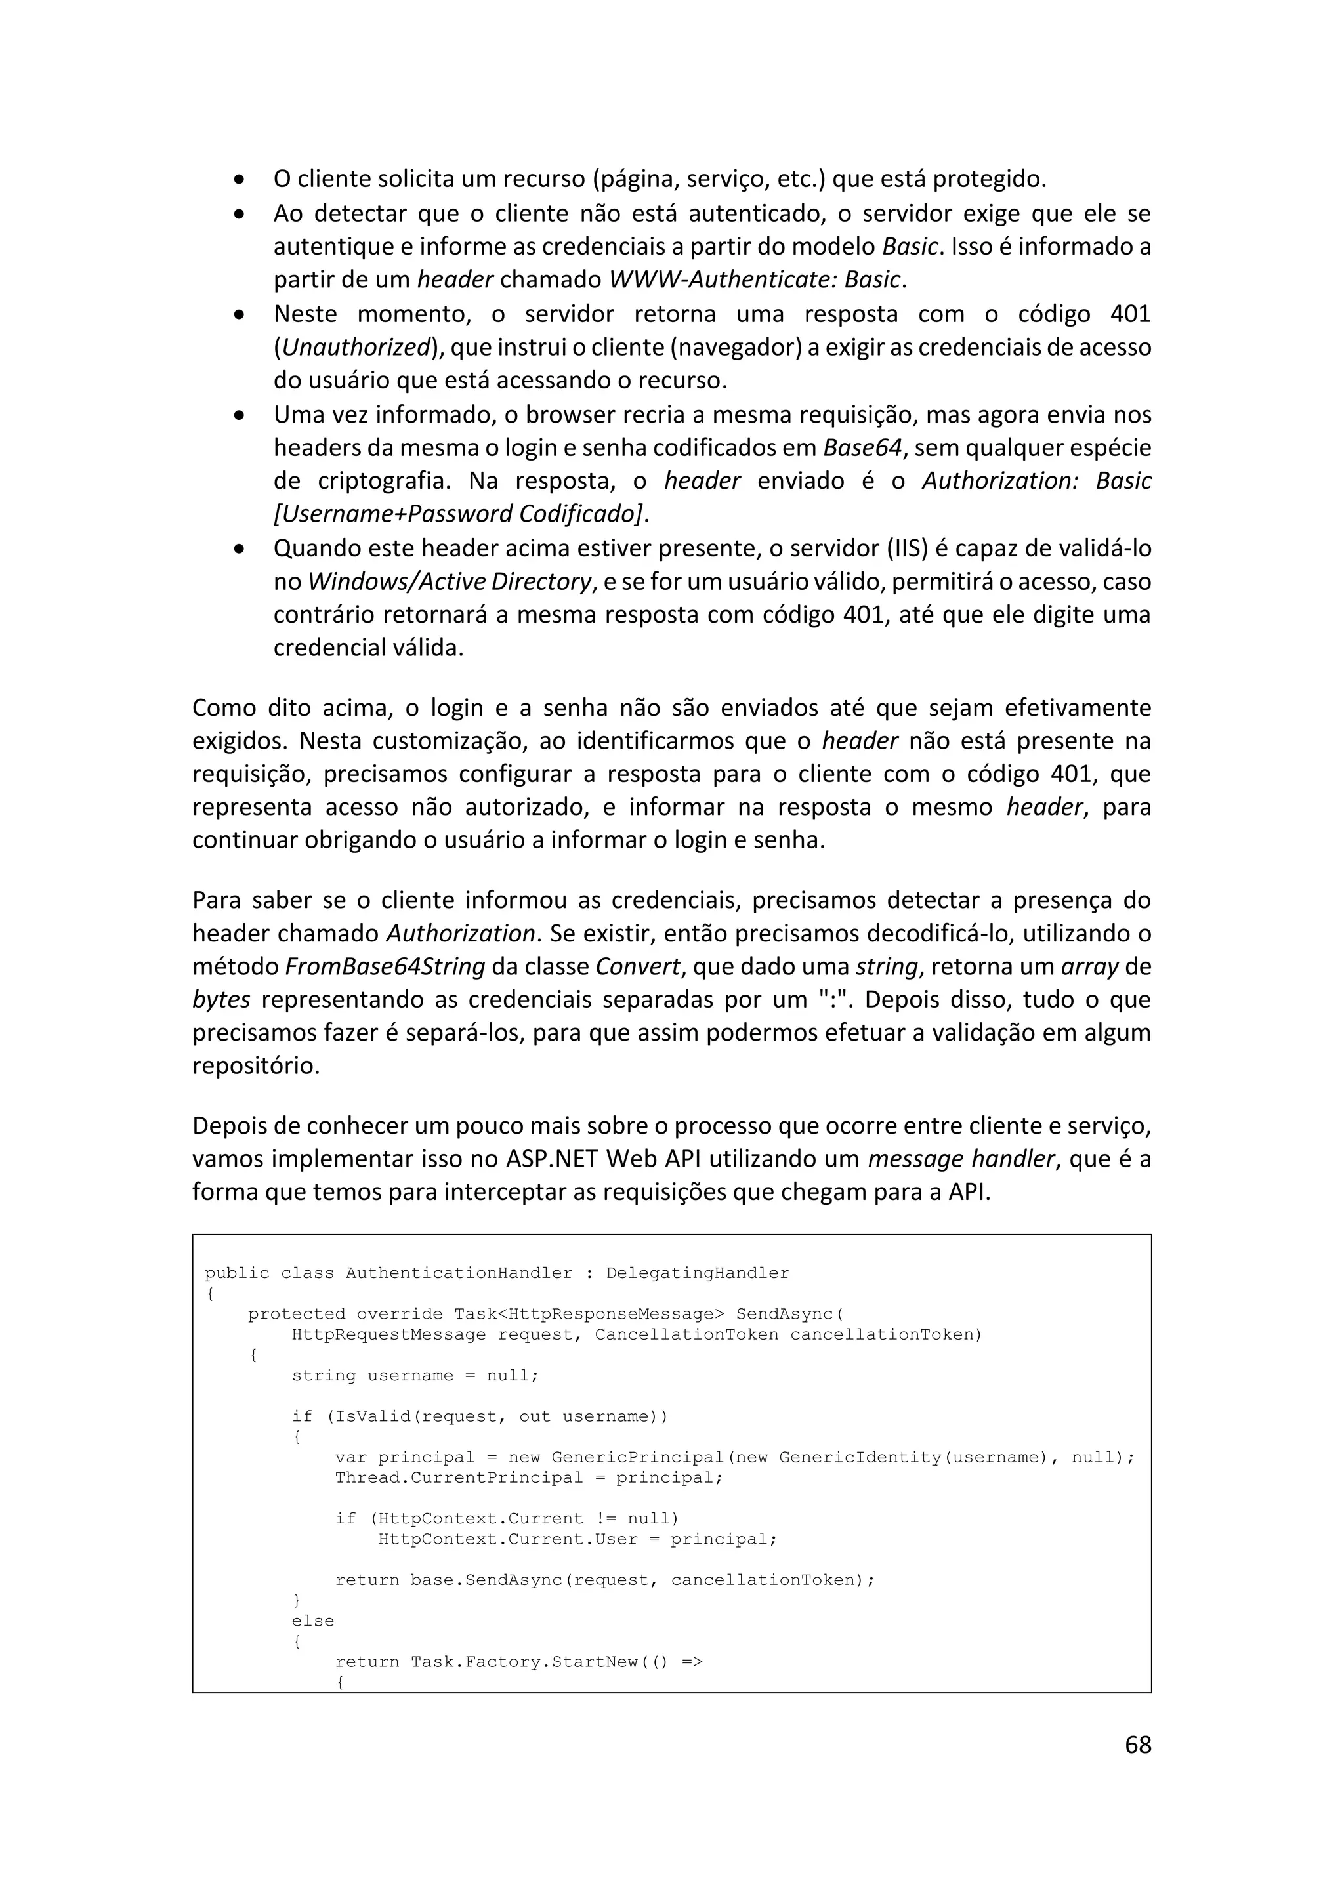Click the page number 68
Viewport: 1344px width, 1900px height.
coord(1138,1745)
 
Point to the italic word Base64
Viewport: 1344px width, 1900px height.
coord(862,447)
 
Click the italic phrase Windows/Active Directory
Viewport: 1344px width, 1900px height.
coord(450,582)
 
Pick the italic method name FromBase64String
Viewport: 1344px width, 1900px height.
coord(385,966)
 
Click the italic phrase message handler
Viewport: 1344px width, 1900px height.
coord(961,1159)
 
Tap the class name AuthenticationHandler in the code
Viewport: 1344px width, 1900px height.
coord(459,1273)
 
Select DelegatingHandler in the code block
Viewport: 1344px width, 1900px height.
coord(698,1273)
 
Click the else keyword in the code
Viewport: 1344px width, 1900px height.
coord(313,1621)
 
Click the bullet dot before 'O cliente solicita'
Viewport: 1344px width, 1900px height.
coord(239,180)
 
